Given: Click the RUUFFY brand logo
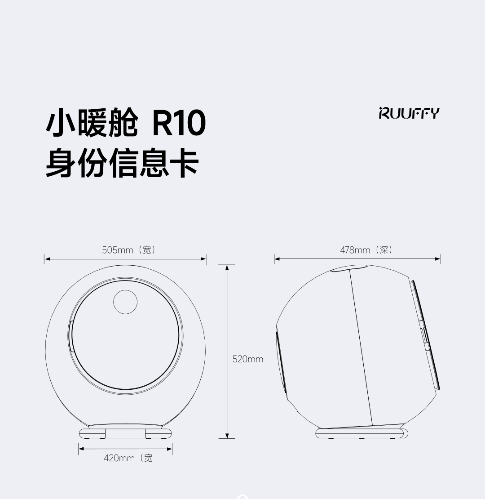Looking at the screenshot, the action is tap(409, 113).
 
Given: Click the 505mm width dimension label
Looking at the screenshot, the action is tap(129, 250).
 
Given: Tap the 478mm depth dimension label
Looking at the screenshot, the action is tap(366, 250).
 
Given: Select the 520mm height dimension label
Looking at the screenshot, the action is tap(248, 359).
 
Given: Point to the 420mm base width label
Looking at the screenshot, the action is tap(128, 458).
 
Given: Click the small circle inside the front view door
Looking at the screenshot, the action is tap(125, 302).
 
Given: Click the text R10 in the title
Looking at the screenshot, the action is tap(179, 123).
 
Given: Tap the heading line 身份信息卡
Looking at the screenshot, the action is tap(122, 162).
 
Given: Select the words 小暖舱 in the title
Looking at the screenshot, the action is tap(92, 123).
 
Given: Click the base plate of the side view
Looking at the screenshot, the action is tap(362, 433).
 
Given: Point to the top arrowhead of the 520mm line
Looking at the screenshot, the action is tap(227, 267).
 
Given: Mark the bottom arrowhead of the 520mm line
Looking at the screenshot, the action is tap(227, 436).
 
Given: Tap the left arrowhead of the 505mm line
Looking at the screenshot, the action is tap(47, 259).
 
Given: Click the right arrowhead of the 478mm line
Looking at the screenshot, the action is tap(438, 259).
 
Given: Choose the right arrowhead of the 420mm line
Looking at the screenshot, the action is tap(169, 449).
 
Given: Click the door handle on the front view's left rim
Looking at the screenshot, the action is tap(70, 336).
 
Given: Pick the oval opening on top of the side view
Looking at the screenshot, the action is tap(349, 268).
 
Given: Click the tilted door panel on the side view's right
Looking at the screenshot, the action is tap(425, 335).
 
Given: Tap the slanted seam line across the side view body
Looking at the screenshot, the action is tap(361, 348).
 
